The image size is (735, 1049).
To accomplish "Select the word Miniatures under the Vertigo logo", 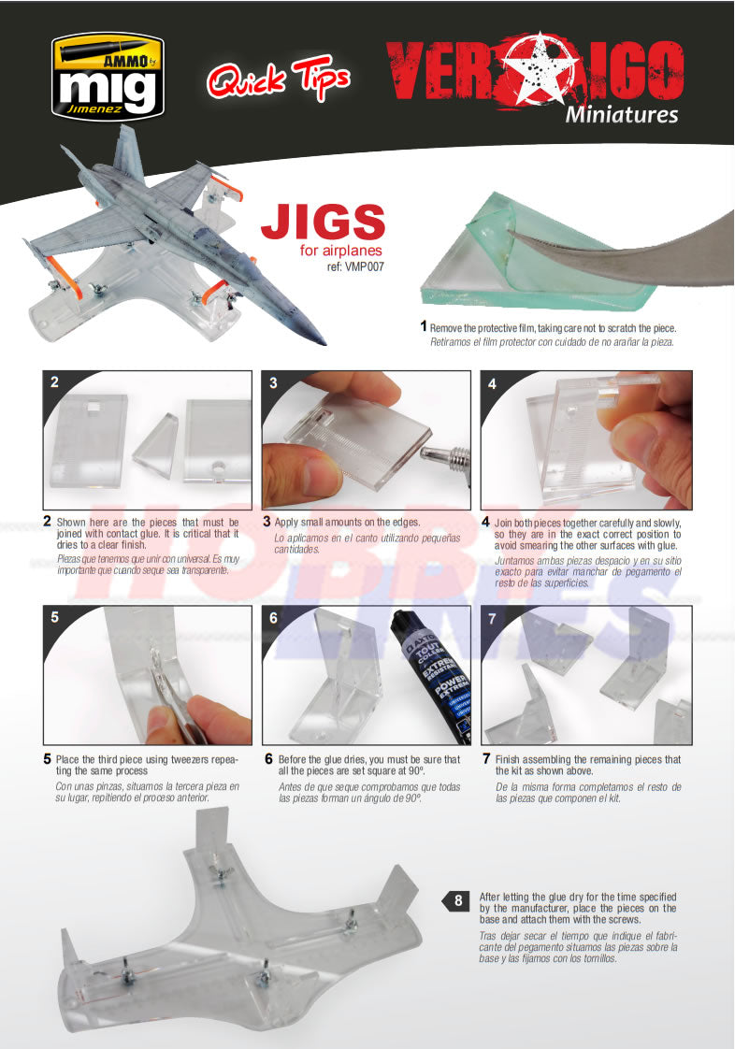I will pyautogui.click(x=621, y=116).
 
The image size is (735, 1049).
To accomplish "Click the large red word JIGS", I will pyautogui.click(x=323, y=223).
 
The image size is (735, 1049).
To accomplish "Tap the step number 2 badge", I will pyautogui.click(x=55, y=382).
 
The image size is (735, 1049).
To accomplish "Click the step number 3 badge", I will pyautogui.click(x=273, y=382).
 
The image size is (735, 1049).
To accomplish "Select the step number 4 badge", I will pyautogui.click(x=492, y=382).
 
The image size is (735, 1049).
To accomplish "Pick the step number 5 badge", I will pyautogui.click(x=55, y=618).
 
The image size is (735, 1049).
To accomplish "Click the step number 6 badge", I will pyautogui.click(x=273, y=618).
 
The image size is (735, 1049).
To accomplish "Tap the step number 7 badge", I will pyautogui.click(x=492, y=618).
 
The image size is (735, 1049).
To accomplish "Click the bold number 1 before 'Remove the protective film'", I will pyautogui.click(x=424, y=327).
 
